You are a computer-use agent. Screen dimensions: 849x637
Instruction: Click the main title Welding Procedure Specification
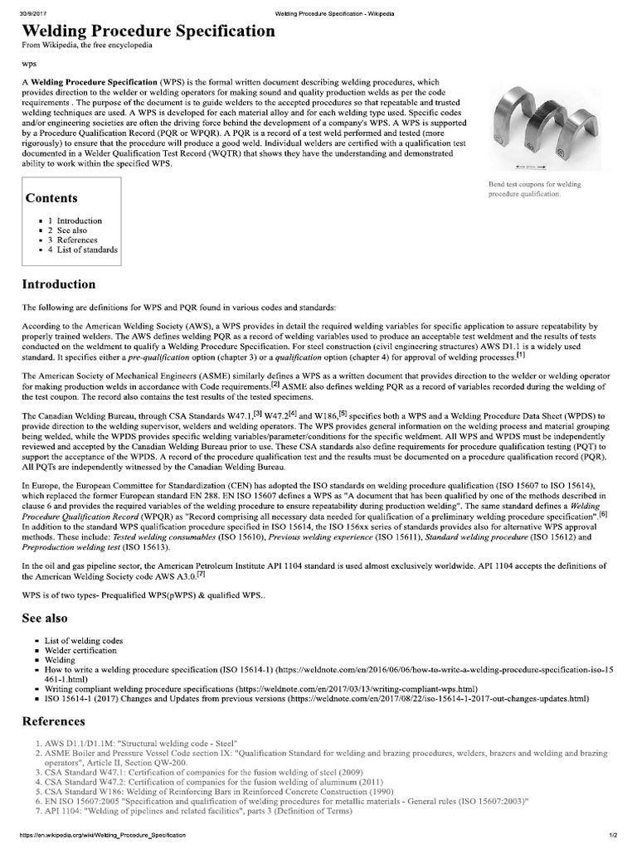click(148, 31)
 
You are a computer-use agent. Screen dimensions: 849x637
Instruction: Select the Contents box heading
click(51, 198)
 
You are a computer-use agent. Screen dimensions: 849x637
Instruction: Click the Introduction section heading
click(58, 284)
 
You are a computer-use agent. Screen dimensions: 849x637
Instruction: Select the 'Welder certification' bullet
click(84, 652)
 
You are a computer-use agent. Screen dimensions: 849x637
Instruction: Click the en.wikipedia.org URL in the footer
click(93, 842)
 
